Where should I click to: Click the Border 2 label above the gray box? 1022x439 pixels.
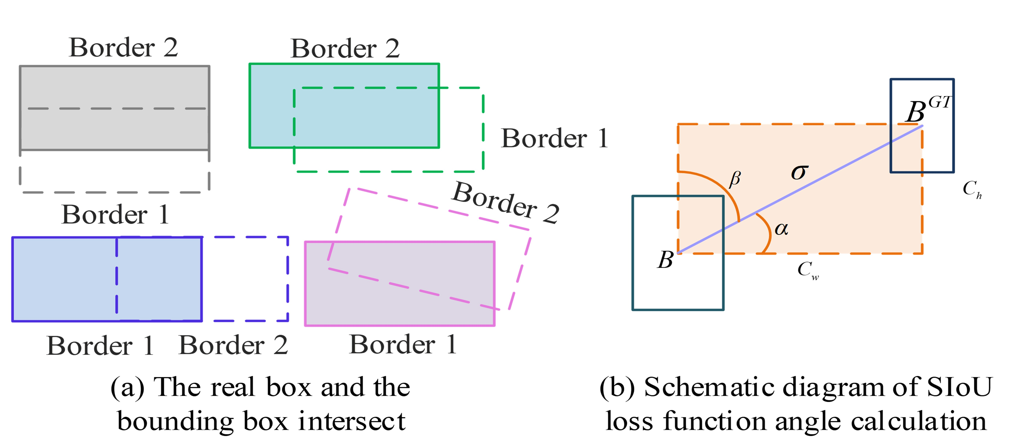[x=123, y=48]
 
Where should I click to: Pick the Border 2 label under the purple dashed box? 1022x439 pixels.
[x=233, y=345]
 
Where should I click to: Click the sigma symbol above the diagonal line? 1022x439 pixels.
[x=800, y=172]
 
